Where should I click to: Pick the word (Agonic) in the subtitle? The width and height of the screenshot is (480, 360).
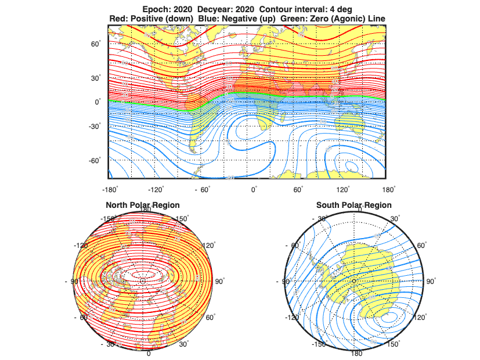[x=344, y=19]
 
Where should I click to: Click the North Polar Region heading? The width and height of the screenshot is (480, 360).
[x=142, y=205]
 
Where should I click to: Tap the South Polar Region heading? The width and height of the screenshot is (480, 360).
[x=353, y=205]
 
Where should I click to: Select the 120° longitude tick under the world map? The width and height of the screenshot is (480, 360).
[x=343, y=189]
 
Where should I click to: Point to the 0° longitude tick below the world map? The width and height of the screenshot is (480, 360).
[x=254, y=189]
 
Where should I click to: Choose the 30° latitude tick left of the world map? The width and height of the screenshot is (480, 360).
[x=96, y=78]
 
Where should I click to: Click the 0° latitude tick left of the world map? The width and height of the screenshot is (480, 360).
[x=98, y=102]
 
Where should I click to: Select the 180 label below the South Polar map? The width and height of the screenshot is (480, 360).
[x=353, y=353]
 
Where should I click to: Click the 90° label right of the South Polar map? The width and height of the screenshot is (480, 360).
[x=431, y=281]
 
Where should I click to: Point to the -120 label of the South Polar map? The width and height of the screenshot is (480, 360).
[x=294, y=318]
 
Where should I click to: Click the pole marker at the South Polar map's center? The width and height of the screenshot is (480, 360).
[x=353, y=281]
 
